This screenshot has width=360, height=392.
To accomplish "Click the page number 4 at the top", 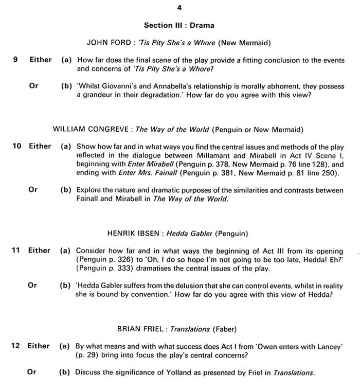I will point(179,8).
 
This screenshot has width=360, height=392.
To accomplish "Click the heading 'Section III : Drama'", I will point(179,25).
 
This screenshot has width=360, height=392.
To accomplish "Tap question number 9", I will point(16,60).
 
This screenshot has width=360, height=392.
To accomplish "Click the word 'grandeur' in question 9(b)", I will point(100,95).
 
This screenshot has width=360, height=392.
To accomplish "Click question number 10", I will point(16,147).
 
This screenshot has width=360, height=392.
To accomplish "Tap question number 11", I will point(16,251).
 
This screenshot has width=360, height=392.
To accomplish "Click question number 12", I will point(16,346).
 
